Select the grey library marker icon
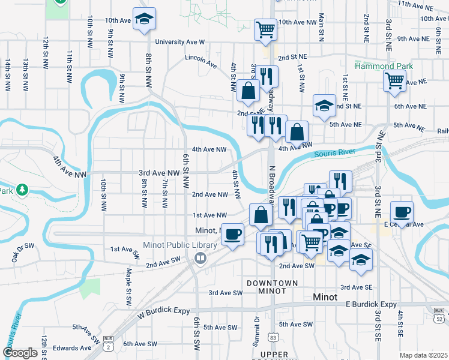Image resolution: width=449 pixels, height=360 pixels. tap(200, 258)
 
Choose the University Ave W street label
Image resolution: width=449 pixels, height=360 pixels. tap(179, 42)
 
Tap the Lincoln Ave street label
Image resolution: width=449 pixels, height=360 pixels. tap(200, 59)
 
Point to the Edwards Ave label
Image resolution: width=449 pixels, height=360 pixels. tap(72, 348)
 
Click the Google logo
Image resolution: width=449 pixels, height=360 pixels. tap(20, 353)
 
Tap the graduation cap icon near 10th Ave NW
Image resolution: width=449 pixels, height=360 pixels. tap(143, 19)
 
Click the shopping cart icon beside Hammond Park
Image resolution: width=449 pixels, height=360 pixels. tap(394, 80)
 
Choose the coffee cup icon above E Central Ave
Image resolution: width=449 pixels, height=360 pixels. tap(402, 211)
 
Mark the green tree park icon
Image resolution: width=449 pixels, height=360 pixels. tap(22, 190)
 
